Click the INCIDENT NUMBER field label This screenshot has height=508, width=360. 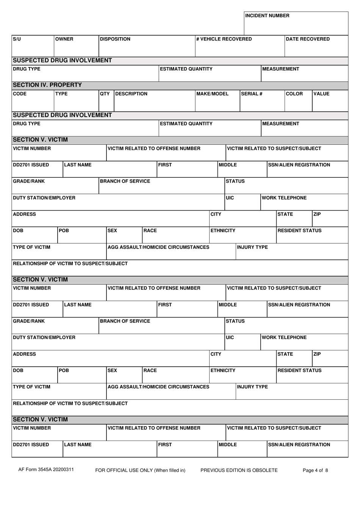(267, 16)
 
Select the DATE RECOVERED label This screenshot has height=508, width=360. (308, 39)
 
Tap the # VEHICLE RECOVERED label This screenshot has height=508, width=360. (224, 39)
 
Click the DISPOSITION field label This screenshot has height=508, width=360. (115, 39)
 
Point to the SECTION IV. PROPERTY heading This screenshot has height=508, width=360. (47, 85)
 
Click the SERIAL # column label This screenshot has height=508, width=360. (252, 94)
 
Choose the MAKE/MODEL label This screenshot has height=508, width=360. (213, 94)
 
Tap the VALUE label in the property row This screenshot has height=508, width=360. (321, 94)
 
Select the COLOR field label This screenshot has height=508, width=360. (294, 94)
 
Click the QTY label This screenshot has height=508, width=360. (105, 94)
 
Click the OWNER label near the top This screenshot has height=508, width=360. (64, 39)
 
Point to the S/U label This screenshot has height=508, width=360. (17, 39)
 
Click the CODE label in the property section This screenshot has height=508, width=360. (20, 94)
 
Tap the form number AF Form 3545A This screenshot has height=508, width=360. (46, 470)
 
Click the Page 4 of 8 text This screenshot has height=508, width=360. (315, 470)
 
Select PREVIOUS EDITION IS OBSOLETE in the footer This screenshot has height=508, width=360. (239, 470)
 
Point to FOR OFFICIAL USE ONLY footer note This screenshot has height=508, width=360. (140, 470)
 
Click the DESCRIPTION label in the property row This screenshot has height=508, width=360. (131, 94)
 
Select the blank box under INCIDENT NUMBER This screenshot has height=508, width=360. (296, 27)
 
